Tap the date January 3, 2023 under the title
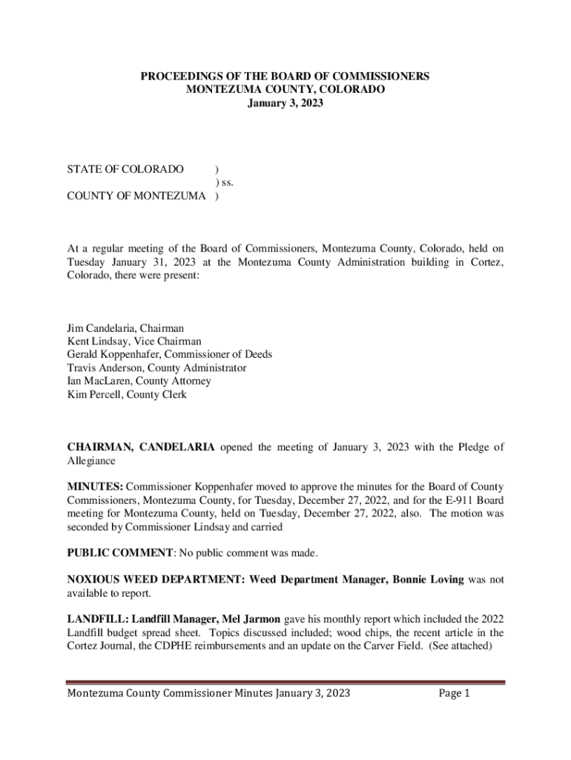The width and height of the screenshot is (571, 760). (285, 103)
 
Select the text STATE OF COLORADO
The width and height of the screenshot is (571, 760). (125, 169)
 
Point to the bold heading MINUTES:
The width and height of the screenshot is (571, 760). (95, 487)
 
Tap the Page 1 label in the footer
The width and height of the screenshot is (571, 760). (455, 694)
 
